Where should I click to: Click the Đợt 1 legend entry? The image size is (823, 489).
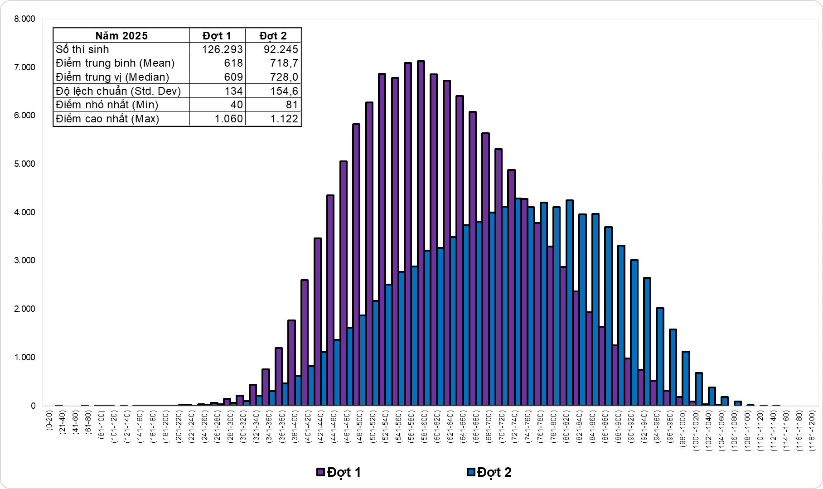(339, 472)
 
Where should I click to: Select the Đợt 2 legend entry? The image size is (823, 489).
(489, 472)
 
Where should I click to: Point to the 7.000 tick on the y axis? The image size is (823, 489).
(24, 67)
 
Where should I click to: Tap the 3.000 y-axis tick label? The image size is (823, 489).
(24, 261)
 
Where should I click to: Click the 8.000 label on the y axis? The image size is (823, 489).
(24, 19)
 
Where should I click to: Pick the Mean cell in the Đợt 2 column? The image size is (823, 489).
(273, 63)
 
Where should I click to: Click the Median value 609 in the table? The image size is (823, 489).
(218, 77)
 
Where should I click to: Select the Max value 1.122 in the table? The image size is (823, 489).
(273, 119)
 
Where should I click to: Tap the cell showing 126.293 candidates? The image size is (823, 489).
(218, 49)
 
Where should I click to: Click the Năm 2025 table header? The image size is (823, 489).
(121, 36)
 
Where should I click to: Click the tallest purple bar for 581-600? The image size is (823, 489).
(421, 227)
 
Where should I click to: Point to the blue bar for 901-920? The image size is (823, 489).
(634, 331)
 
